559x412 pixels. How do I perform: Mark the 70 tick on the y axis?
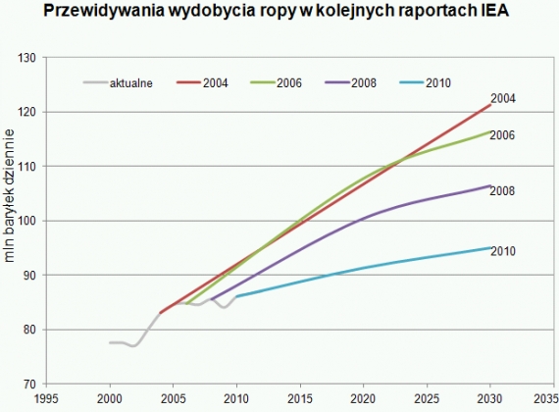coord(29,384)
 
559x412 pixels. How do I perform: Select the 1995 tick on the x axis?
coord(46,398)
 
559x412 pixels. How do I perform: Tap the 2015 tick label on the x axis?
coord(299,398)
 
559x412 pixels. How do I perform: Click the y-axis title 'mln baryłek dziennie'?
coord(11,216)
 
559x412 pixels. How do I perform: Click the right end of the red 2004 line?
coord(488,104)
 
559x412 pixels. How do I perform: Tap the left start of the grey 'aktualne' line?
coord(110,342)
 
